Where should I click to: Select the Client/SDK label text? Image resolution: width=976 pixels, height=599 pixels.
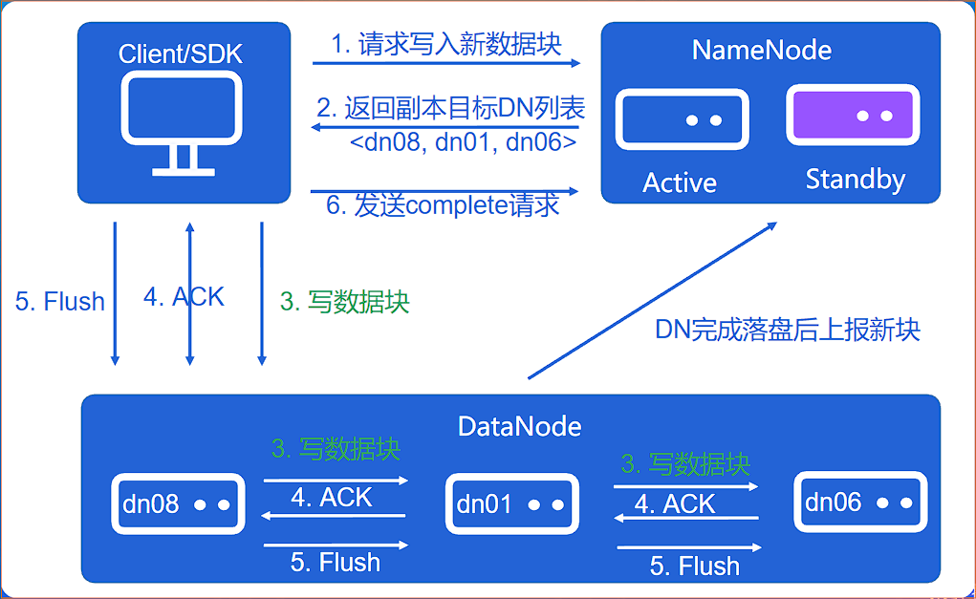tap(181, 53)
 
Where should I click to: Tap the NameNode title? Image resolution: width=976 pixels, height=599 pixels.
tap(761, 50)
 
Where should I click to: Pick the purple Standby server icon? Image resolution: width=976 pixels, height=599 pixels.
tap(853, 116)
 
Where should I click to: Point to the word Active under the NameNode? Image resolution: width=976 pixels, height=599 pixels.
tap(680, 182)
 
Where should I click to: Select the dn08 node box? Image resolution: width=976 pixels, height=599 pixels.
tap(177, 503)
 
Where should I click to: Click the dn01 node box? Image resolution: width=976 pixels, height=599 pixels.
tap(511, 503)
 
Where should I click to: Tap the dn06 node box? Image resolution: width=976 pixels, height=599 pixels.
tap(860, 502)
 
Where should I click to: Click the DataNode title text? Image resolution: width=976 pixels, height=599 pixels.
tap(519, 425)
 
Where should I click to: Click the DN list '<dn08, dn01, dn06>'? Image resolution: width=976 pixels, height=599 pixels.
tap(463, 143)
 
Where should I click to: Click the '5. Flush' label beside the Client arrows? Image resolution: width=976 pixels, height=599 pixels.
tap(60, 302)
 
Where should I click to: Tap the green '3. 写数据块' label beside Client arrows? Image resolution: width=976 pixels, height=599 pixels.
tap(344, 302)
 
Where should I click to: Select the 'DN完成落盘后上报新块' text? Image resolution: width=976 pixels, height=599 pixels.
tap(787, 330)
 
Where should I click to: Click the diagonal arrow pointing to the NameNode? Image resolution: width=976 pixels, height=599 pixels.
tap(651, 300)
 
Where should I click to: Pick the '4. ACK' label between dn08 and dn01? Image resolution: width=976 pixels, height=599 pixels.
tap(331, 497)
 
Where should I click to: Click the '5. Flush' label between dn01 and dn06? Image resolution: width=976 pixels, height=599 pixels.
tap(694, 566)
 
